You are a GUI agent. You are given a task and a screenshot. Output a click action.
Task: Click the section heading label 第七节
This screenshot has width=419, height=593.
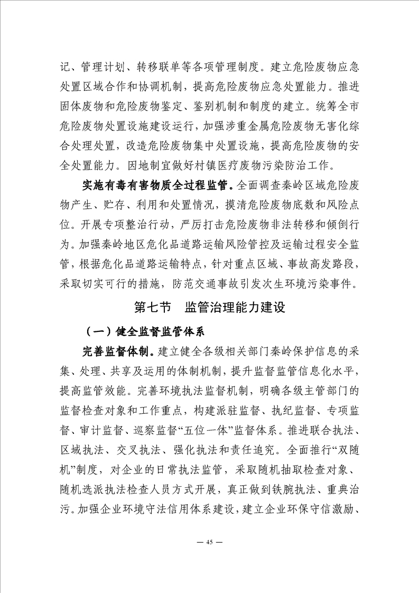pyautogui.click(x=153, y=307)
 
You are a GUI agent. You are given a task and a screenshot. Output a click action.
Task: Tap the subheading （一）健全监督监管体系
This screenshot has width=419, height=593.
pyautogui.click(x=145, y=332)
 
